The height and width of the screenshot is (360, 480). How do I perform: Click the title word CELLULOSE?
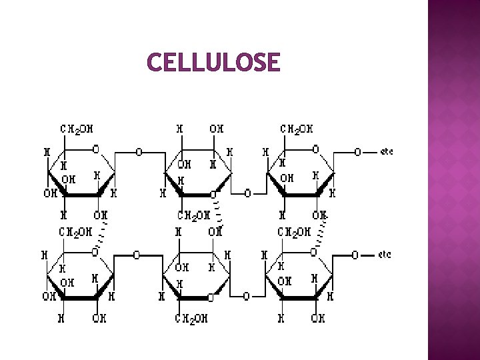(x=213, y=63)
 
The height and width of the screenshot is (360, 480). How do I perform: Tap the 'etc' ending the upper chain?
(x=386, y=152)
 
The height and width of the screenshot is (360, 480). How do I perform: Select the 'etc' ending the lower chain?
(x=385, y=255)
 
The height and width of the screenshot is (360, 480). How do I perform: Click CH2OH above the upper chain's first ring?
(x=77, y=128)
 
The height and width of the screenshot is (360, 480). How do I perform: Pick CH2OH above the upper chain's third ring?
(x=297, y=128)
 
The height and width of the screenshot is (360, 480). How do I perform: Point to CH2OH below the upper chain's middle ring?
(x=194, y=215)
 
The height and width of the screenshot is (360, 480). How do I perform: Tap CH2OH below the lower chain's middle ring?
(x=191, y=319)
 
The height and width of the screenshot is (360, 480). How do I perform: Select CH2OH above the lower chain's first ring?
(x=76, y=232)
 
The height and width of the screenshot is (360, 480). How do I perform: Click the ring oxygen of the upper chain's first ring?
(x=96, y=149)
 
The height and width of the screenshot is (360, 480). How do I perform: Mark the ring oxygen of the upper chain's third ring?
(x=315, y=149)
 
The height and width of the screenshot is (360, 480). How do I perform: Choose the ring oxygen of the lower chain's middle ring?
(x=211, y=297)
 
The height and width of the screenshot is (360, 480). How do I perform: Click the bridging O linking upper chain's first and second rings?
(x=139, y=152)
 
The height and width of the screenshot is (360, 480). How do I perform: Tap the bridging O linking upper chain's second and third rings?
(x=247, y=194)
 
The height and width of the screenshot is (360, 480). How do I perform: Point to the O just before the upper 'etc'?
(x=357, y=152)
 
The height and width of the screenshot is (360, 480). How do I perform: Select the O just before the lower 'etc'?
(x=355, y=255)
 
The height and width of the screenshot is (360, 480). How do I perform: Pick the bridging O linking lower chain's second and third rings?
(x=246, y=297)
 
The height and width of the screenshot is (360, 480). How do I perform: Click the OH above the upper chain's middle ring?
(x=217, y=128)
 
